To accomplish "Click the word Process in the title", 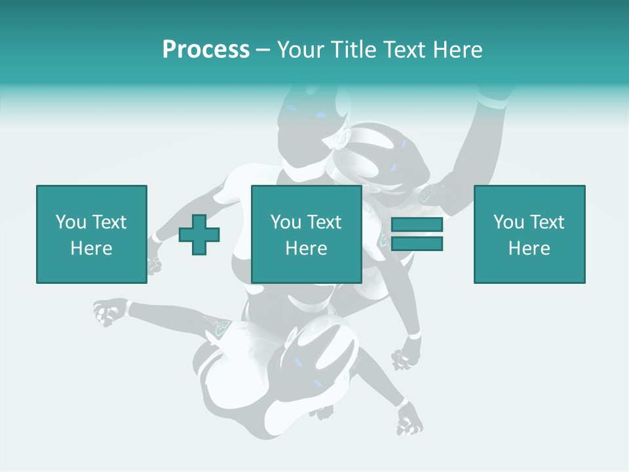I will (206, 50).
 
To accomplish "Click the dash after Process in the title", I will (263, 50).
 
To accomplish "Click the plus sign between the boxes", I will (199, 235).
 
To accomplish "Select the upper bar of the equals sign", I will (417, 225).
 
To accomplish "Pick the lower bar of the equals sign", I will (417, 244).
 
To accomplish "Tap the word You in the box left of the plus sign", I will (71, 222).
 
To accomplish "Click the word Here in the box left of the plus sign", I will (91, 248).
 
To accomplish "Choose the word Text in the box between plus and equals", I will (324, 222).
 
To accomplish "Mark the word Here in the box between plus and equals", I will (306, 248).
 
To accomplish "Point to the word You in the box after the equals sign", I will (508, 222).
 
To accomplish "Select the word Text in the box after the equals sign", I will (546, 222).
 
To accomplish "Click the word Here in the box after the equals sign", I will (529, 248).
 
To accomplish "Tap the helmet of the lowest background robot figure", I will (321, 357).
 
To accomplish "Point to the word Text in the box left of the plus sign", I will (109, 222).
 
